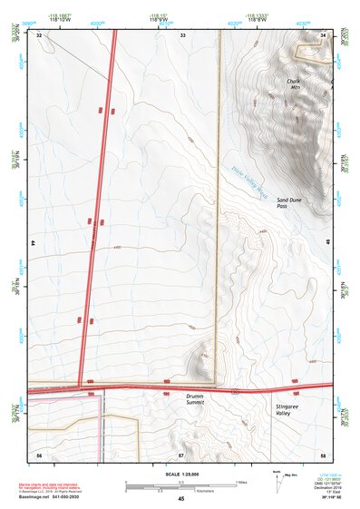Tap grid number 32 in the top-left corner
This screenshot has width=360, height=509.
tap(39, 34)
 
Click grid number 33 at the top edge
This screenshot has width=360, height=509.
tap(182, 34)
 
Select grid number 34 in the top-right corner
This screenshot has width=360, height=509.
tap(324, 34)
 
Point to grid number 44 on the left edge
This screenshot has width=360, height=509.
tap(34, 243)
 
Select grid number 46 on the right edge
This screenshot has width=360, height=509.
tap(327, 243)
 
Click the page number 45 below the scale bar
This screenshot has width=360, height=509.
tap(181, 499)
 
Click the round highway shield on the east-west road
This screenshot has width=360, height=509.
tap(235, 391)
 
